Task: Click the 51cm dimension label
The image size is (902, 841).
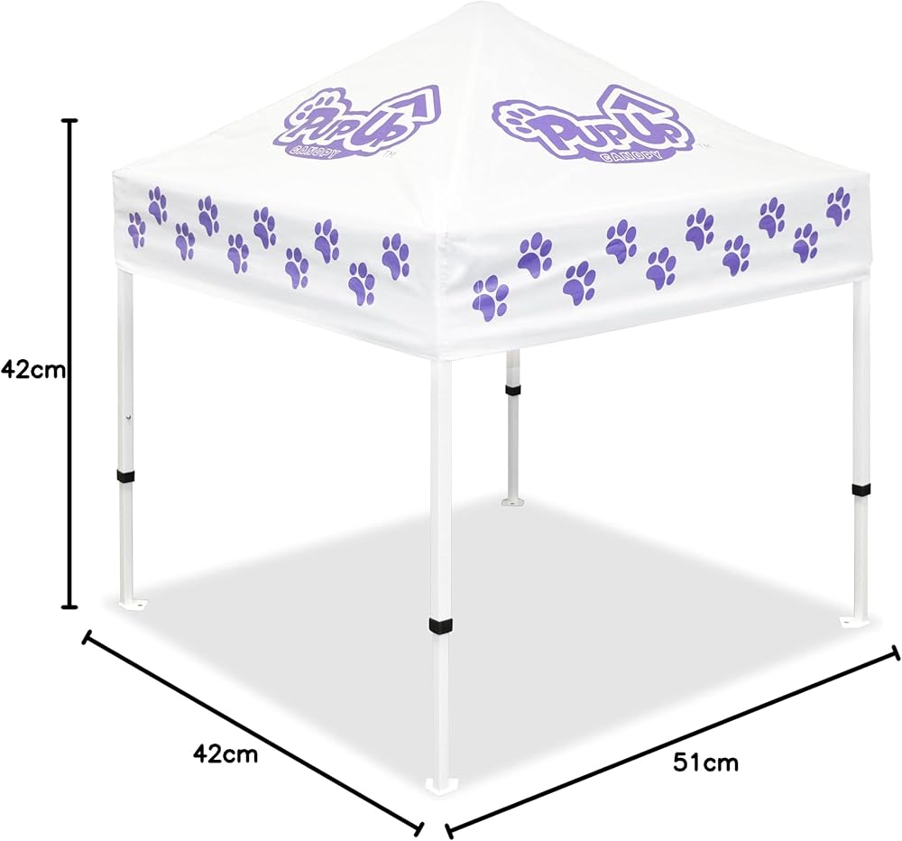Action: [x=705, y=762]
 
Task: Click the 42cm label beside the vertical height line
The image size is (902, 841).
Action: [x=34, y=369]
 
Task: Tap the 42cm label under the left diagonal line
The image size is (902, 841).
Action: [x=225, y=753]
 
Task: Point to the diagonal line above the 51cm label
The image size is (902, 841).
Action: [x=672, y=739]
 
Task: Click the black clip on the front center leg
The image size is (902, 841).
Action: [x=440, y=626]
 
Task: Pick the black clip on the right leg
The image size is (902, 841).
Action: [x=861, y=489]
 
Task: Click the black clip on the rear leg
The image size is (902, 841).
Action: [x=512, y=391]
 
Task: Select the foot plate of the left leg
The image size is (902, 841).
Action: [x=131, y=602]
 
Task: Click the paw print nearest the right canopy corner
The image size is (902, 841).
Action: [x=838, y=206]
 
